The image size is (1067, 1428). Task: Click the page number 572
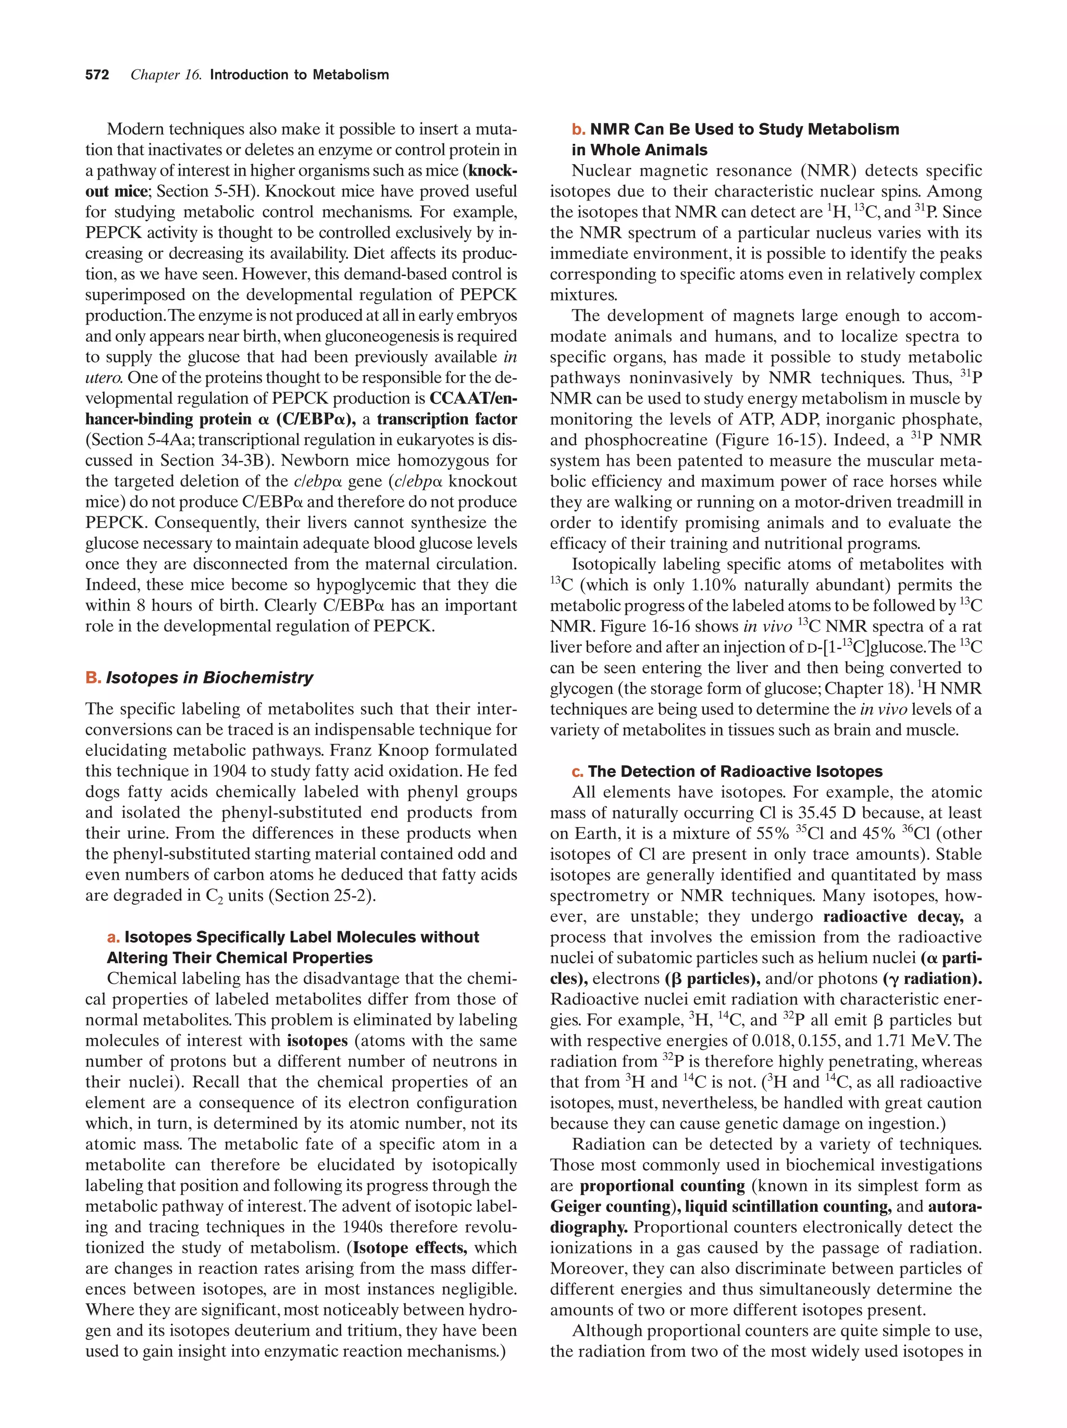click(97, 75)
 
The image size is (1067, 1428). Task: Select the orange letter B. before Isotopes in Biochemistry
click(93, 678)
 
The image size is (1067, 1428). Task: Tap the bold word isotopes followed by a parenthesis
click(317, 1041)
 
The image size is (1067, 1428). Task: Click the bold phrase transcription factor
click(446, 419)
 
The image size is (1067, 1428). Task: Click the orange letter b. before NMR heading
click(578, 130)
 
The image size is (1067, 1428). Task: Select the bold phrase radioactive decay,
click(894, 917)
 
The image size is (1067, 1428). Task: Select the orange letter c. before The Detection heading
click(576, 772)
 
